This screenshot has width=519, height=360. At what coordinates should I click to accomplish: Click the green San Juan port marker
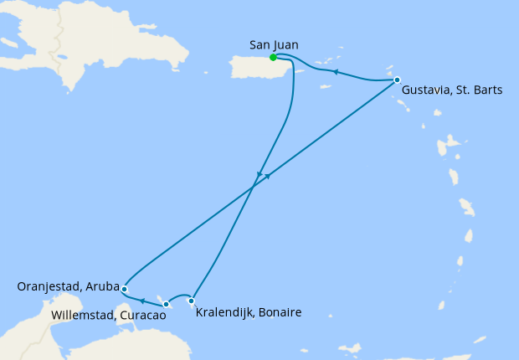pyautogui.click(x=273, y=58)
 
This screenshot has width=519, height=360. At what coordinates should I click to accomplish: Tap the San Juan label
pyautogui.click(x=274, y=44)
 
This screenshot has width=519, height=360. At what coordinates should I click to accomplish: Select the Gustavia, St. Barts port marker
pyautogui.click(x=397, y=80)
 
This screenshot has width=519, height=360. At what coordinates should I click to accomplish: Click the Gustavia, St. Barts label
pyautogui.click(x=452, y=90)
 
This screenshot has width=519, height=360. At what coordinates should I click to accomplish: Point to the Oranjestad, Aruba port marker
pyautogui.click(x=124, y=289)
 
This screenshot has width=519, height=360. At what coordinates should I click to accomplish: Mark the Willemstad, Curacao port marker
pyautogui.click(x=167, y=305)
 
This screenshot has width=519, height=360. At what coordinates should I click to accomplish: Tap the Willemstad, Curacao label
pyautogui.click(x=108, y=316)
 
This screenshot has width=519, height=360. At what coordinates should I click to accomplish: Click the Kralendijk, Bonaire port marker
pyautogui.click(x=192, y=301)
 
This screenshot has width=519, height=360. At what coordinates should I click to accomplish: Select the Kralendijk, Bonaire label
pyautogui.click(x=248, y=313)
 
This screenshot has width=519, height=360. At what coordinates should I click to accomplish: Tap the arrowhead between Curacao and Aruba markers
pyautogui.click(x=142, y=300)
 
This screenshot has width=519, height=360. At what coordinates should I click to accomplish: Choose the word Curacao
pyautogui.click(x=141, y=316)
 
